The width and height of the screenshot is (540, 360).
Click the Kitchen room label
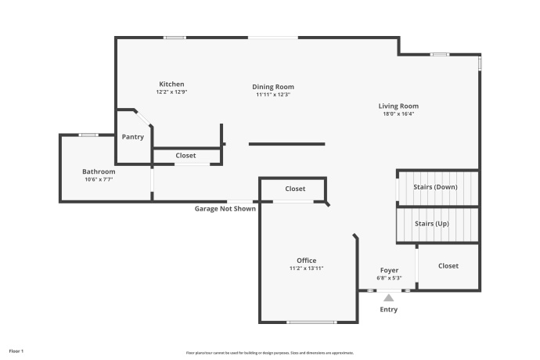(x=171, y=84)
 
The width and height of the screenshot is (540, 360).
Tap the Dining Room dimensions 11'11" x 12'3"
(x=273, y=95)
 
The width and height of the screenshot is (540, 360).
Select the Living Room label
(x=398, y=106)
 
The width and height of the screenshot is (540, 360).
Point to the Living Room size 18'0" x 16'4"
(x=398, y=114)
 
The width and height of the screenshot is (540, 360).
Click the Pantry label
(x=133, y=137)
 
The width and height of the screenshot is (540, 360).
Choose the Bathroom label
(x=99, y=171)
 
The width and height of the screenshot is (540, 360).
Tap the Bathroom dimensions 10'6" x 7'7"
(x=99, y=179)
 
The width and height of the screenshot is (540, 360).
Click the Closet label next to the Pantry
(x=185, y=156)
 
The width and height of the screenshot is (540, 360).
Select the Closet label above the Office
(x=295, y=189)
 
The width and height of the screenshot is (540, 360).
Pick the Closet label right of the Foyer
(x=448, y=266)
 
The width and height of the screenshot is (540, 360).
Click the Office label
(x=306, y=261)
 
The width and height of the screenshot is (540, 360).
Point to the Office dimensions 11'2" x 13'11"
(x=306, y=268)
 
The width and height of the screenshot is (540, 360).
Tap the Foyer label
(x=389, y=270)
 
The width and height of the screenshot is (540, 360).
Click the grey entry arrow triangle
(x=389, y=296)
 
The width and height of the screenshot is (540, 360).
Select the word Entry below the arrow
(x=389, y=309)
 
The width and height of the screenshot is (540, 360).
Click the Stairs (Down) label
(x=436, y=187)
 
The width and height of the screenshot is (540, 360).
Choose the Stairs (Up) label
(x=432, y=224)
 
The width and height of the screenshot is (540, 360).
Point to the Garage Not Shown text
(x=225, y=209)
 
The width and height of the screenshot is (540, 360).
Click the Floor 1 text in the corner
(x=16, y=351)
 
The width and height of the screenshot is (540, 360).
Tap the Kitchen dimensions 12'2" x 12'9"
(x=171, y=92)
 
